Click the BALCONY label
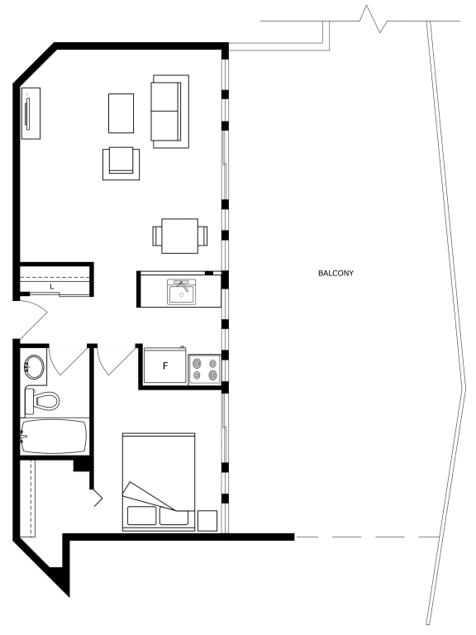[x=336, y=272]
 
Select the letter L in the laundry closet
[x=52, y=286]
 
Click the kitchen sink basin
[x=181, y=293]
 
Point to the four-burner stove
[x=203, y=368]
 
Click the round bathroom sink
[x=35, y=366]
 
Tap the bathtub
[x=53, y=437]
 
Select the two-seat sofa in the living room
[x=169, y=111]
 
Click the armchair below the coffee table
[x=121, y=162]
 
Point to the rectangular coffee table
[x=121, y=112]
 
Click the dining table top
[x=179, y=236]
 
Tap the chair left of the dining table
[x=156, y=236]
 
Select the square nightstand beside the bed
[x=208, y=520]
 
